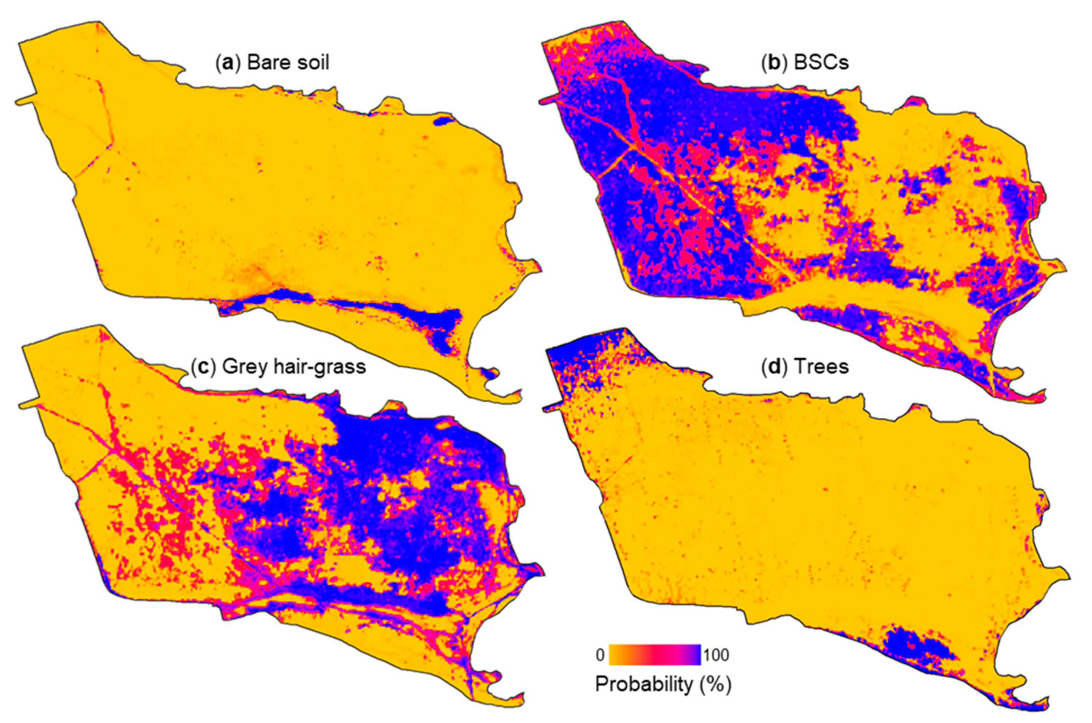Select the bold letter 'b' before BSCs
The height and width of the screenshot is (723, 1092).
[x=773, y=63]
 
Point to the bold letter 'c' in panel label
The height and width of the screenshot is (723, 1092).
[x=202, y=368]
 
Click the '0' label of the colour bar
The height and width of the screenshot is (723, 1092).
[x=600, y=655]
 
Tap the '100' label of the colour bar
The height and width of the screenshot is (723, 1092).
[x=716, y=655]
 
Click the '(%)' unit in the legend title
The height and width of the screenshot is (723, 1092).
[x=715, y=684]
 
